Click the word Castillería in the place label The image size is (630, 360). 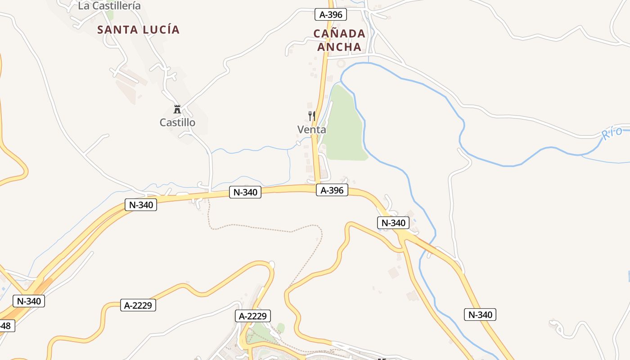pyautogui.click(x=116, y=6)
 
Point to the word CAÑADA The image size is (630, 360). pyautogui.click(x=339, y=34)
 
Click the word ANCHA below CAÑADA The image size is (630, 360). pyautogui.click(x=339, y=47)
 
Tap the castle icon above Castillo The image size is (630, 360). pyautogui.click(x=177, y=109)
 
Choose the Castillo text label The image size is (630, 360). pyautogui.click(x=177, y=122)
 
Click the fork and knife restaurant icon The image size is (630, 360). pyautogui.click(x=311, y=116)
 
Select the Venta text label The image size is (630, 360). pyautogui.click(x=311, y=130)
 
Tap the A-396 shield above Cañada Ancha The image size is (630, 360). pyautogui.click(x=330, y=14)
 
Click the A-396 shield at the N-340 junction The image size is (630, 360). pyautogui.click(x=332, y=190)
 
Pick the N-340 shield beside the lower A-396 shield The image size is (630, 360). pyautogui.click(x=245, y=192)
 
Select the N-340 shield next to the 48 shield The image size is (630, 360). pyautogui.click(x=29, y=301)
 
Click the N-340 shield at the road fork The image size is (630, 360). pyautogui.click(x=393, y=222)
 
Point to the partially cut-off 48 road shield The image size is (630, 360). pyautogui.click(x=7, y=325)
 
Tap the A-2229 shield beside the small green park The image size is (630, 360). pyautogui.click(x=253, y=316)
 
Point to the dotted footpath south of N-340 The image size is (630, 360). pyautogui.click(x=270, y=230)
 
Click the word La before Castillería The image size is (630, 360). pyautogui.click(x=83, y=6)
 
